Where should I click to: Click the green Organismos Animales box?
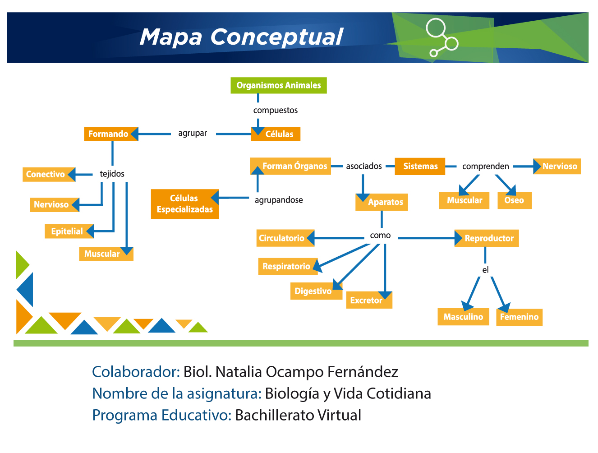(x=278, y=85)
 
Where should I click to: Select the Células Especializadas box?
(x=185, y=204)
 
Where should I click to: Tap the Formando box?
(x=111, y=134)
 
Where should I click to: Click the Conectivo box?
(x=49, y=175)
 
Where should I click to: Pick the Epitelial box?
(x=69, y=231)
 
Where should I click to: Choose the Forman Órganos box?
(x=290, y=166)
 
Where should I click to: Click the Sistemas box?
(x=420, y=166)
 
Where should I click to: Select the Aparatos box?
(x=382, y=202)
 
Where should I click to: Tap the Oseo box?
(x=515, y=200)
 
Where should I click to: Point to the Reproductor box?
(x=487, y=238)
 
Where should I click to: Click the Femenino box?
(x=519, y=317)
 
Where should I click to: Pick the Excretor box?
(x=369, y=300)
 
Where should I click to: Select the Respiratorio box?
(x=288, y=266)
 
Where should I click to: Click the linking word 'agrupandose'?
(x=279, y=200)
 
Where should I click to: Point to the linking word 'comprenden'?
(x=486, y=166)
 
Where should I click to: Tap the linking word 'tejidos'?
(x=112, y=174)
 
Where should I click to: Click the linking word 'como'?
(x=380, y=236)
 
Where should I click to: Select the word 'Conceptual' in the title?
(x=276, y=37)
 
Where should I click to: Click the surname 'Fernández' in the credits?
(x=363, y=372)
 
